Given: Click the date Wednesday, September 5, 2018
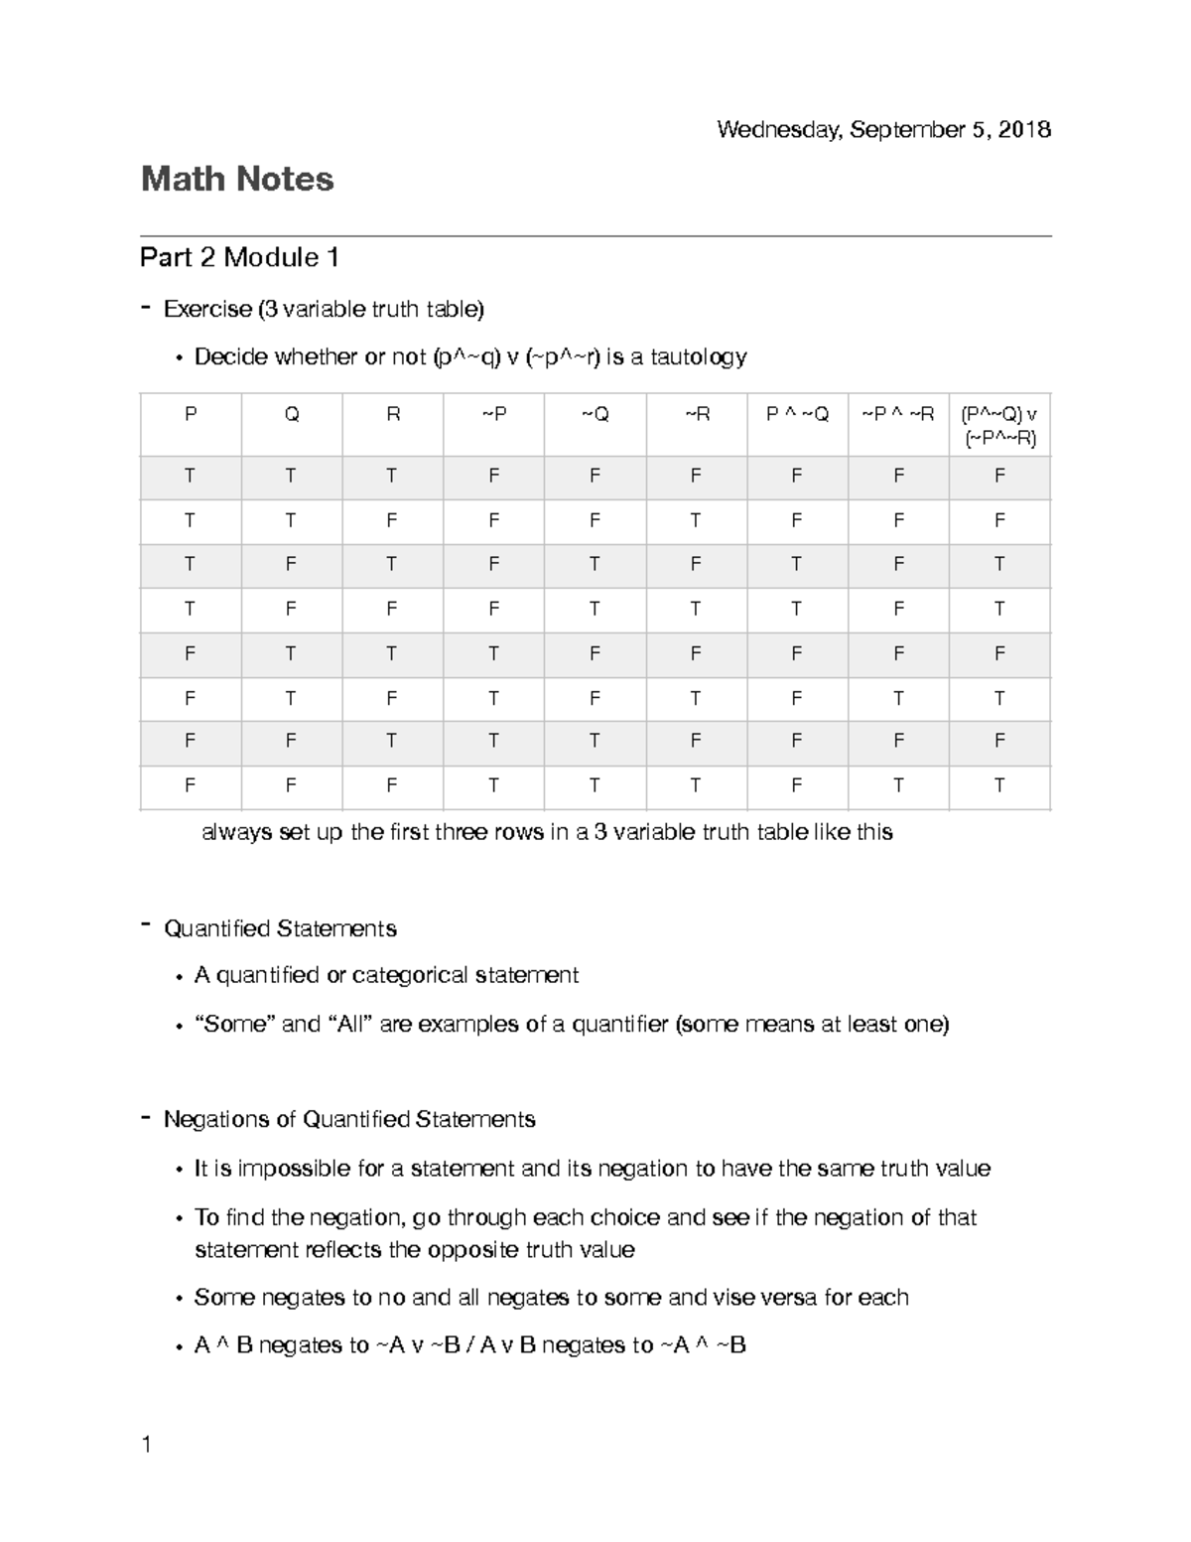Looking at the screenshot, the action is coord(883,130).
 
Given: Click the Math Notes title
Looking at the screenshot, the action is coord(237,180).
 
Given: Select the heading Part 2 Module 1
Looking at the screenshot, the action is coord(240,258).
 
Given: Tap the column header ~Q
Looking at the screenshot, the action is coord(595,415).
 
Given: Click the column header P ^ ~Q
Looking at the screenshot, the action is coord(797,415).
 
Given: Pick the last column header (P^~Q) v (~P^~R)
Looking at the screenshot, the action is coord(999,427).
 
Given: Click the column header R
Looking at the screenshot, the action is coord(392,415).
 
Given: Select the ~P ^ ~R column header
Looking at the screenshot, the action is coord(897,415).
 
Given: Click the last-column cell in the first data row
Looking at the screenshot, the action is coord(999,477).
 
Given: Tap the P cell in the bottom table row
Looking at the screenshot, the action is coord(190,786).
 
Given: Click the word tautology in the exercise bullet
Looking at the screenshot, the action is coord(699,357).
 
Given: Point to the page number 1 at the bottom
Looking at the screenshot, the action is coord(147,1445).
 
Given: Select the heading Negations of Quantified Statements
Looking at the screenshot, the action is coord(349,1120).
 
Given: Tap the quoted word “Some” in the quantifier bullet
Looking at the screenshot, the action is coord(235,1024).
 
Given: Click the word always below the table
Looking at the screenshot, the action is coord(236,832).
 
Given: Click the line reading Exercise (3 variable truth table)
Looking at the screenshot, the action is coord(324,310).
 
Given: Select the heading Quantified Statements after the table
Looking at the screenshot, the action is coord(280,929).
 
